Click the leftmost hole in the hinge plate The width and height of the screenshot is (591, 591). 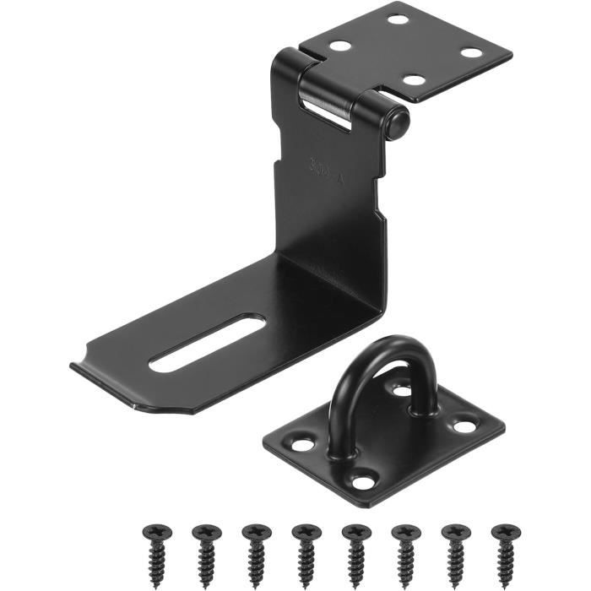pos(340,47)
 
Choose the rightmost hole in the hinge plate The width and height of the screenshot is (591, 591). pos(471,53)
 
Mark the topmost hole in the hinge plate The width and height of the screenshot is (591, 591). pos(397,19)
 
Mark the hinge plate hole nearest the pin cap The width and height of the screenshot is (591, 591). pos(414,81)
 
